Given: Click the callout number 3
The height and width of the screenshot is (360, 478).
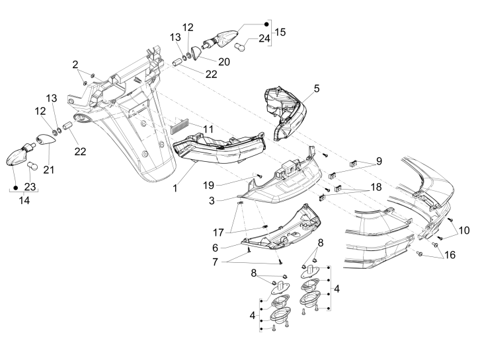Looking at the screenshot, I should tap(230, 199).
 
